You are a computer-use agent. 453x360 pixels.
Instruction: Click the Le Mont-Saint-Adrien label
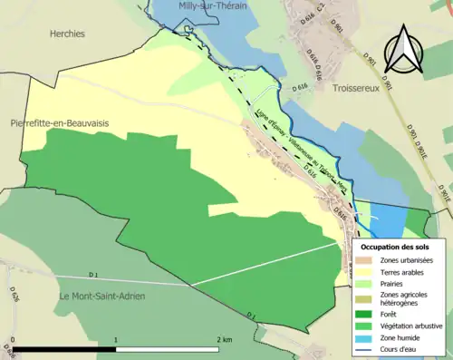(101, 297)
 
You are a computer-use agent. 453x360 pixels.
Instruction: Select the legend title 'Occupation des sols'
(395, 247)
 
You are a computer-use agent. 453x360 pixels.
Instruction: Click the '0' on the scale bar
(13, 339)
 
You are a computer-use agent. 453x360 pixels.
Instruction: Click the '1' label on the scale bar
(115, 339)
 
